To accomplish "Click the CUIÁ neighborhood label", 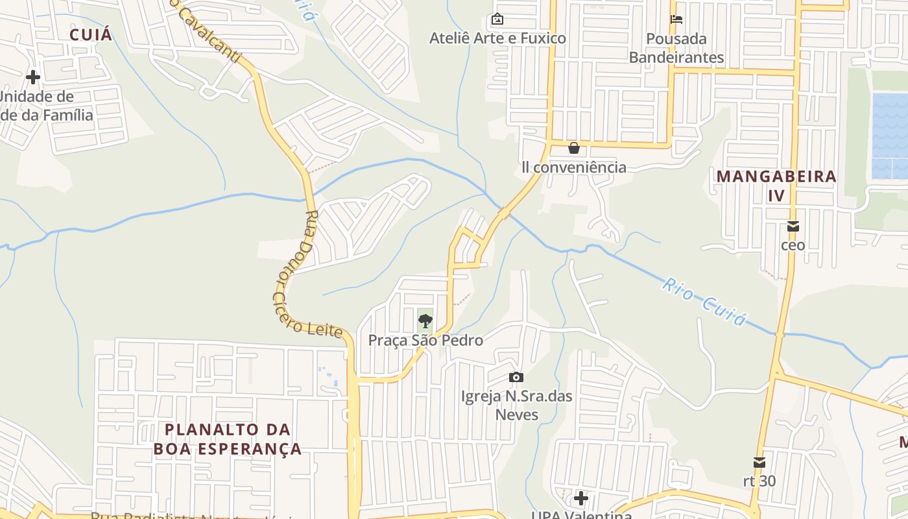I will point(90,34).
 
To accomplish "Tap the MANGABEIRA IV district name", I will point(776,186).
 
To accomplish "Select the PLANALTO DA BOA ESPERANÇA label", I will point(228,439).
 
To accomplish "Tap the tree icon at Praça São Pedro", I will point(425,320).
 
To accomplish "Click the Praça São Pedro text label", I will point(425,340).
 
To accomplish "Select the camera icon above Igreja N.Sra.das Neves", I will point(516,377).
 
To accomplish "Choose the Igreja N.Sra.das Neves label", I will point(516,405).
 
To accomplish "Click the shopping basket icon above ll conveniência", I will point(574,148).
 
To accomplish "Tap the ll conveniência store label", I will point(574,167).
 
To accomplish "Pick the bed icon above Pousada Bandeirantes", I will point(676,19).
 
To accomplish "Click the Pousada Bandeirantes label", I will point(676,48).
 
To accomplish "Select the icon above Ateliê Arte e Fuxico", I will point(497,19).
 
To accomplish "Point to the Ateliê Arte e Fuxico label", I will point(497,38).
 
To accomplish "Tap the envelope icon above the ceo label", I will point(793,226).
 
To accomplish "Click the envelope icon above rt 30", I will point(759,463).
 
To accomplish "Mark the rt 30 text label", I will point(759,481).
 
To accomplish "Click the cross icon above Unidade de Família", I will point(33,77).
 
